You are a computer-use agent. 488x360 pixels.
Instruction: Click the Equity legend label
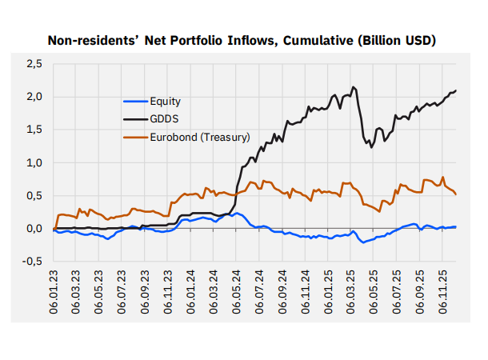coord(166,102)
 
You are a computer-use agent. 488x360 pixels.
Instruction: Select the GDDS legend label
coord(164,119)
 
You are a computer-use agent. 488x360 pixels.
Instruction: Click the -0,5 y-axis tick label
coord(33,262)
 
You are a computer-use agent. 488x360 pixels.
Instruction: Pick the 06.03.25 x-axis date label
coord(351,287)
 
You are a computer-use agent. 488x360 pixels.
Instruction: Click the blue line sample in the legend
coord(136,102)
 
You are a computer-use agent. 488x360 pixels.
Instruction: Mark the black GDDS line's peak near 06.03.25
coord(354,87)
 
